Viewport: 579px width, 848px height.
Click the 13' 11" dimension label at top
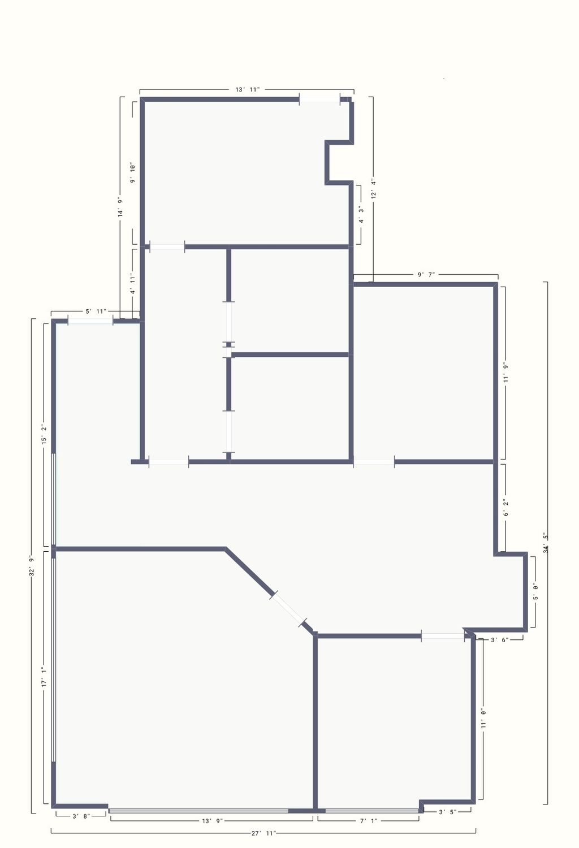[x=248, y=90]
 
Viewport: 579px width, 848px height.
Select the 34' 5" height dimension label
[x=546, y=543]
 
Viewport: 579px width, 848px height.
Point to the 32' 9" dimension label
[x=32, y=565]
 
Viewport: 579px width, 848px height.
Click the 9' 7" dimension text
[x=426, y=274]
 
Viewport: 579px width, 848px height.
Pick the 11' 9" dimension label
[x=505, y=373]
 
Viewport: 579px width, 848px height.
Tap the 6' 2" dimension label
[x=505, y=508]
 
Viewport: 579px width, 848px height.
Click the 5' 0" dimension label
[x=535, y=592]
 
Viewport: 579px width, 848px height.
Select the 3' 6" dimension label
[x=499, y=640]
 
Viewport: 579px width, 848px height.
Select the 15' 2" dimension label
[x=44, y=434]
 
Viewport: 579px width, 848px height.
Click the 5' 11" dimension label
[x=96, y=311]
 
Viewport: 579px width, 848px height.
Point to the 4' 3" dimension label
[x=361, y=215]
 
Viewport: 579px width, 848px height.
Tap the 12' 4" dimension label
[x=374, y=188]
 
